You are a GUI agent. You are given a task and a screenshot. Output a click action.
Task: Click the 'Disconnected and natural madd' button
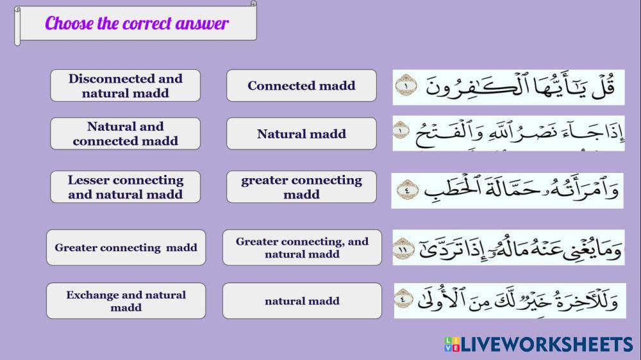[125, 85]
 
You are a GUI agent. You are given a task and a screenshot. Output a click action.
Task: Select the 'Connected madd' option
[301, 85]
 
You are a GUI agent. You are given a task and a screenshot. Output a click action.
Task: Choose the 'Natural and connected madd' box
[125, 134]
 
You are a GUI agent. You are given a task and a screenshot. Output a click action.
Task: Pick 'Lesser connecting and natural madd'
[125, 187]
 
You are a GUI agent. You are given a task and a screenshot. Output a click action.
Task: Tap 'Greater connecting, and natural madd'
[302, 248]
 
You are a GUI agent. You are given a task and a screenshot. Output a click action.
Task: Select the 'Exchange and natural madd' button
[126, 301]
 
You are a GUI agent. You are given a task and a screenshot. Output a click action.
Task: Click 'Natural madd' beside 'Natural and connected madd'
[301, 134]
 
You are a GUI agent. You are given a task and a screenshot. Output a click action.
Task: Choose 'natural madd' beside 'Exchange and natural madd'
[302, 301]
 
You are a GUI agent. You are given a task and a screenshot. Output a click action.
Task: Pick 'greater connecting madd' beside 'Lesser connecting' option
[301, 187]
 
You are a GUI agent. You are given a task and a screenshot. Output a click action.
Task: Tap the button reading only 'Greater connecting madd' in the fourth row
[126, 248]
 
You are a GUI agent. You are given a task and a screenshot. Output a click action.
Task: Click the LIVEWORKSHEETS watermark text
[547, 345]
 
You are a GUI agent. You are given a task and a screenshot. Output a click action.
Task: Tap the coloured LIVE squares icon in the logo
[452, 344]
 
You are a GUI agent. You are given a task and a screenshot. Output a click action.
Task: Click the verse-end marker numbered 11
[403, 249]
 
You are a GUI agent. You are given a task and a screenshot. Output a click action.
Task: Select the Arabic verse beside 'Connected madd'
[508, 87]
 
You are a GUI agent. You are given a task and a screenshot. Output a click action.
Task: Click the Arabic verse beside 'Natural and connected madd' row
[508, 134]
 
